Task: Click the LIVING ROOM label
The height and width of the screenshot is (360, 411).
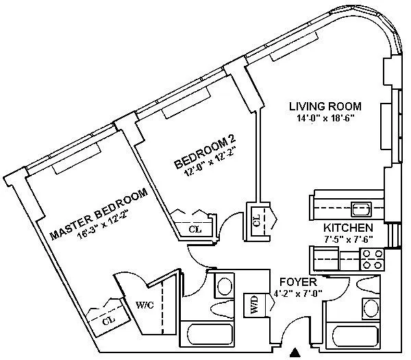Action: click(x=324, y=106)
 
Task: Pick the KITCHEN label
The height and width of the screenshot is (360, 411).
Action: click(x=349, y=228)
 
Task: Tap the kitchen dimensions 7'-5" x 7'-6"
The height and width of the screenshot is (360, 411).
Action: click(x=349, y=239)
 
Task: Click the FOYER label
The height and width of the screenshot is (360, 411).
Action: click(x=292, y=282)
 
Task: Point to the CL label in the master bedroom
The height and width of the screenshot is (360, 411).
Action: click(x=108, y=320)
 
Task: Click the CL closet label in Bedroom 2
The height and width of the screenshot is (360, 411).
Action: click(x=195, y=229)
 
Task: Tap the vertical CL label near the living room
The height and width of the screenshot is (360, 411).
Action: click(x=257, y=220)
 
